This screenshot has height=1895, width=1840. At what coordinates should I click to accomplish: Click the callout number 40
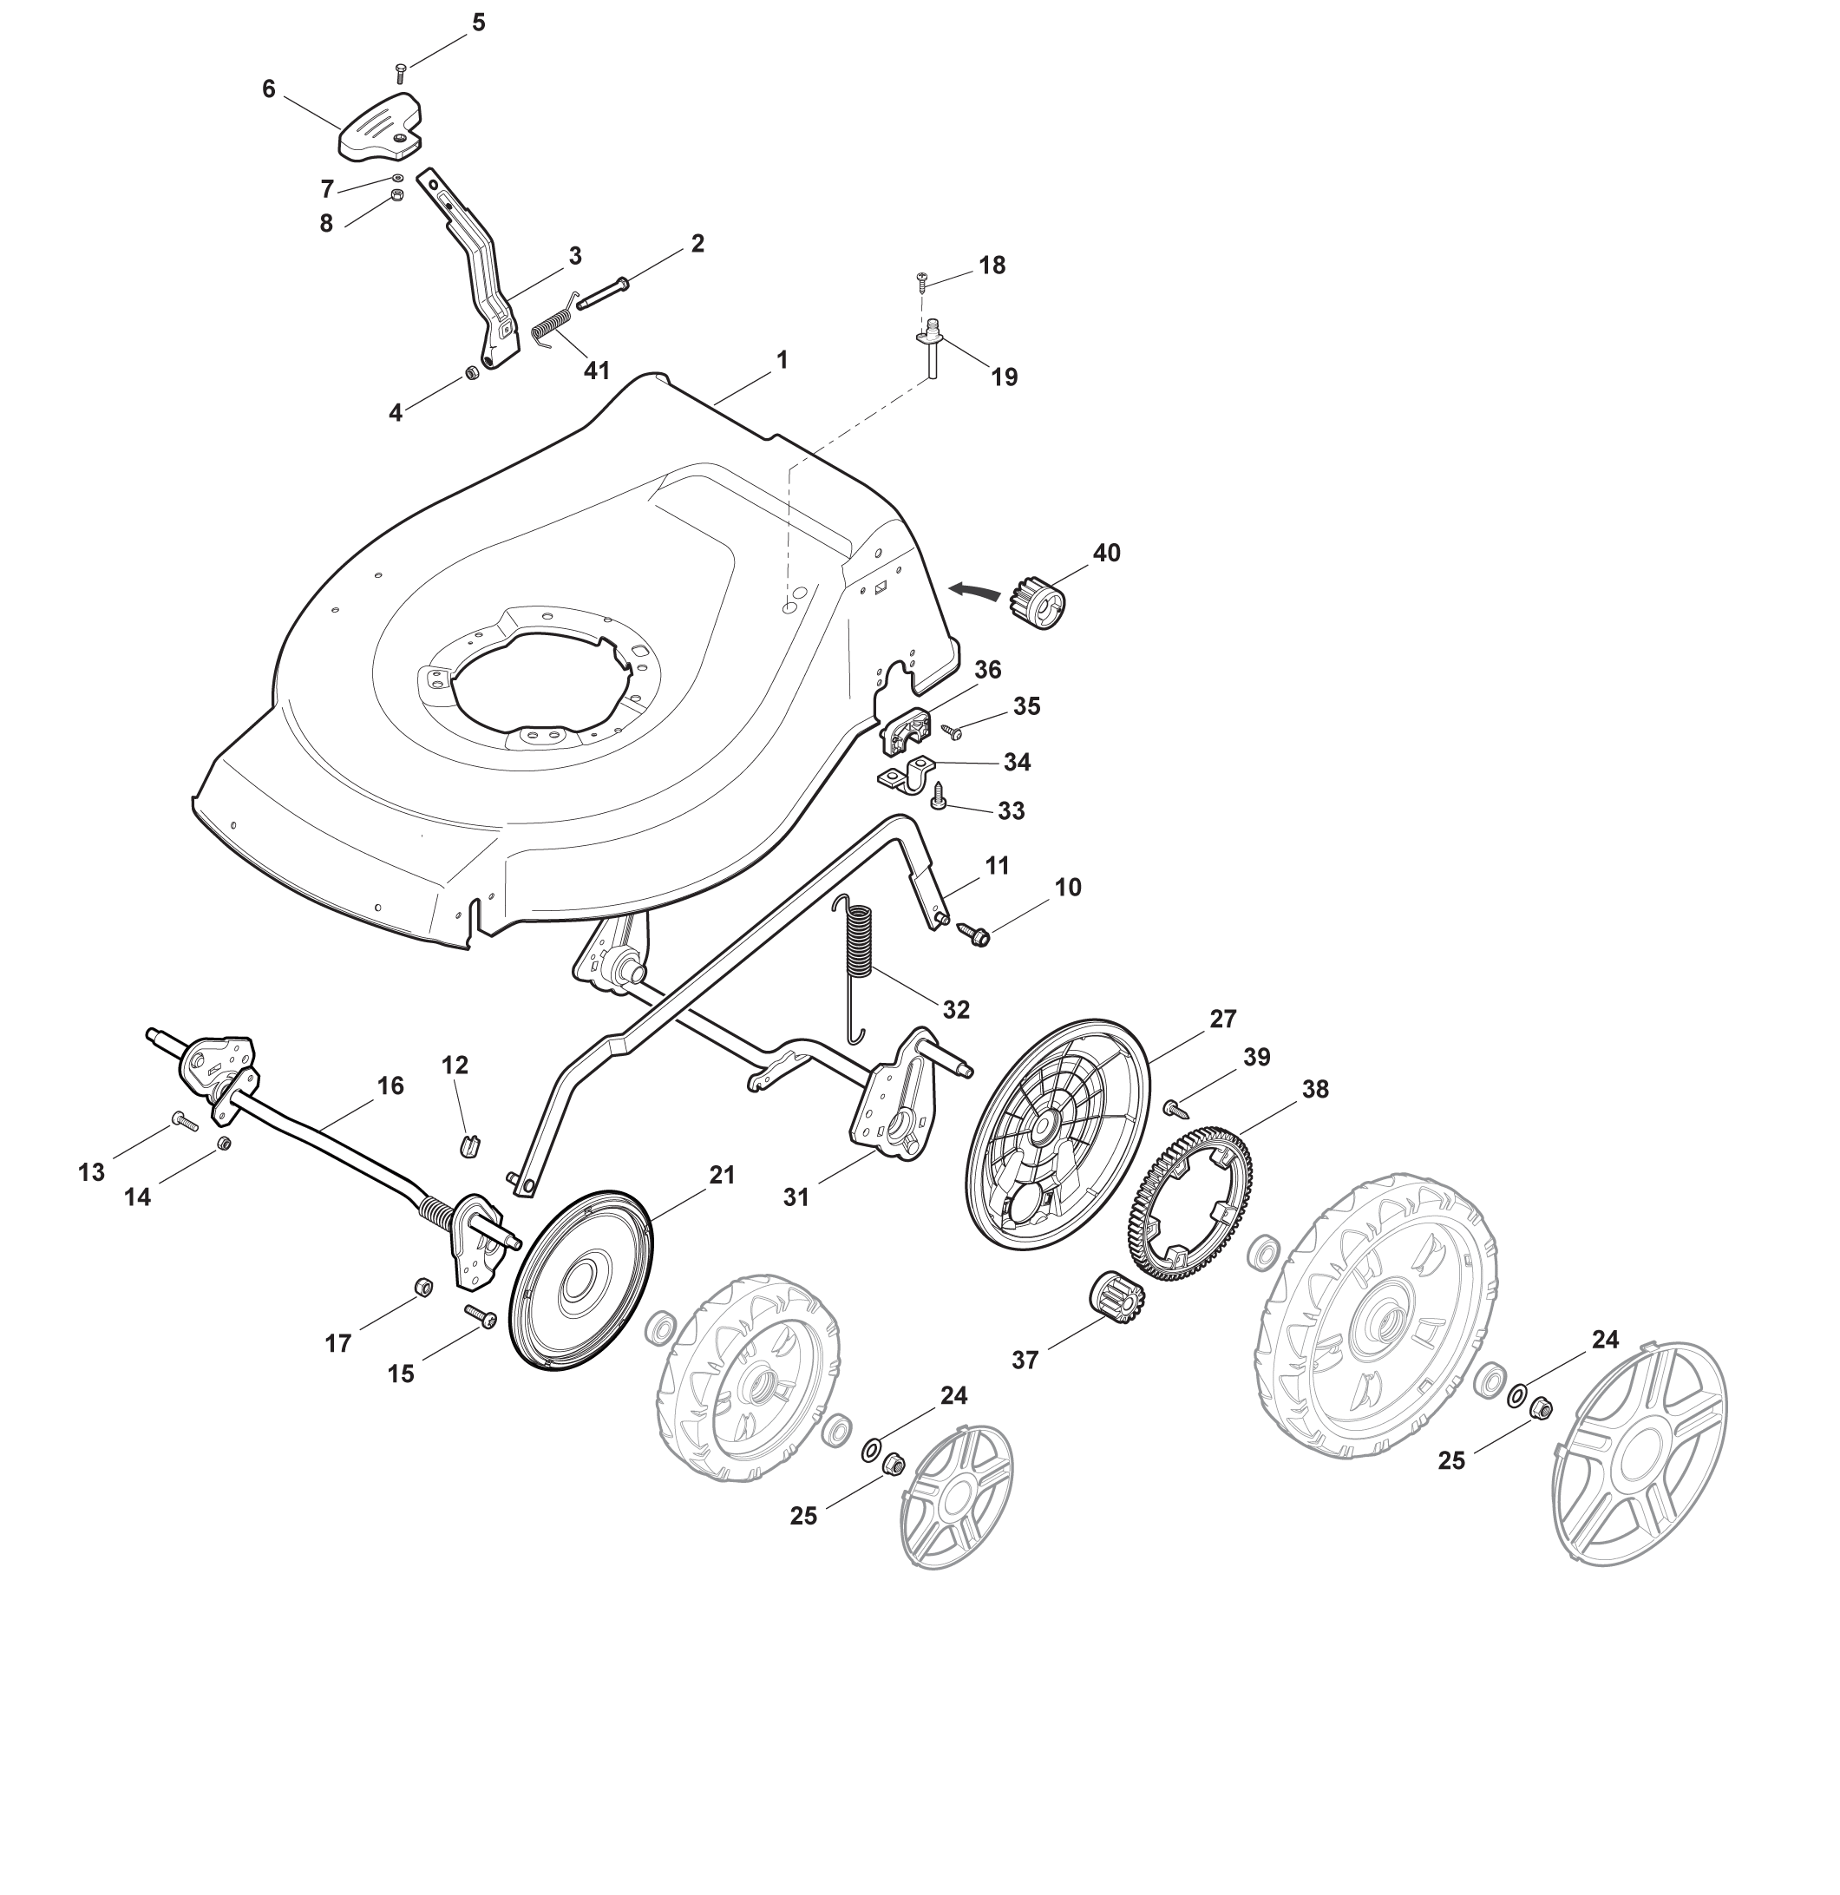click(x=1106, y=552)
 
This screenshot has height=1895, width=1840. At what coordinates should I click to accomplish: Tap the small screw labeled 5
click(x=400, y=73)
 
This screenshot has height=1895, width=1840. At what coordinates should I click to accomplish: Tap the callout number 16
click(x=390, y=1085)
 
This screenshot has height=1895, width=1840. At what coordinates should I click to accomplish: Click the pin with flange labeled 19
click(x=932, y=349)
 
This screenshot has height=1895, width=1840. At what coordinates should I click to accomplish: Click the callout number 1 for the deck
click(x=782, y=360)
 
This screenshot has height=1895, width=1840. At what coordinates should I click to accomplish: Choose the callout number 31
click(x=796, y=1197)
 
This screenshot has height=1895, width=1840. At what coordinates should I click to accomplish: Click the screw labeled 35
click(x=952, y=732)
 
